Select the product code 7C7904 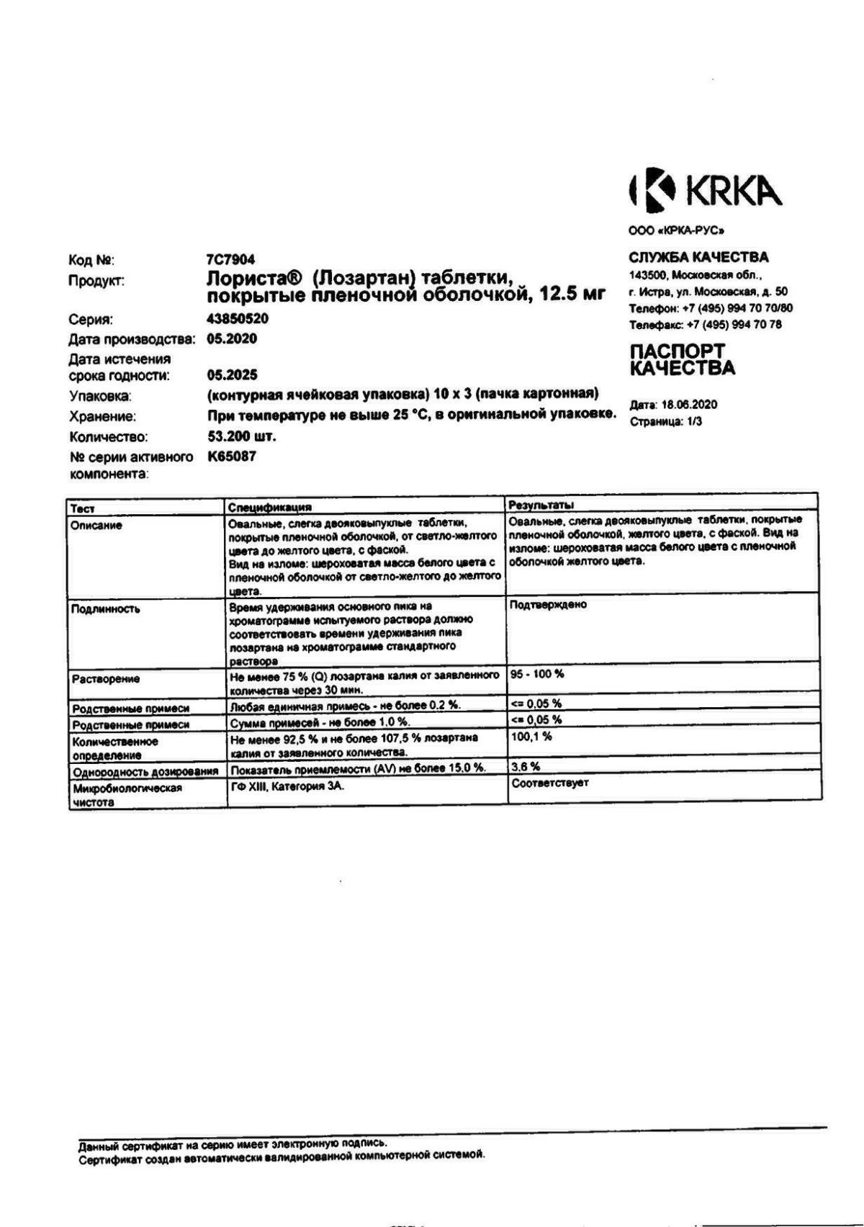coord(230,260)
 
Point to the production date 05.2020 coord(232,339)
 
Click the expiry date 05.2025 coord(232,375)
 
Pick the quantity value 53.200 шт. coord(242,436)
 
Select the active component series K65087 coord(232,457)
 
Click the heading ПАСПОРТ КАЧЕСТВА coord(682,360)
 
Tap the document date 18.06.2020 coord(689,405)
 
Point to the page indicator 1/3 coord(694,422)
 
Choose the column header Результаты coord(541,505)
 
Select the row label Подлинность coord(106,609)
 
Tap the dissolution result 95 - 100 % coord(537,674)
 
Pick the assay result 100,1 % coord(531,737)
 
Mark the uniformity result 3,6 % coord(526,767)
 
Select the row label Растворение coord(106,679)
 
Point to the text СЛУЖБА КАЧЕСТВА coord(698,257)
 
